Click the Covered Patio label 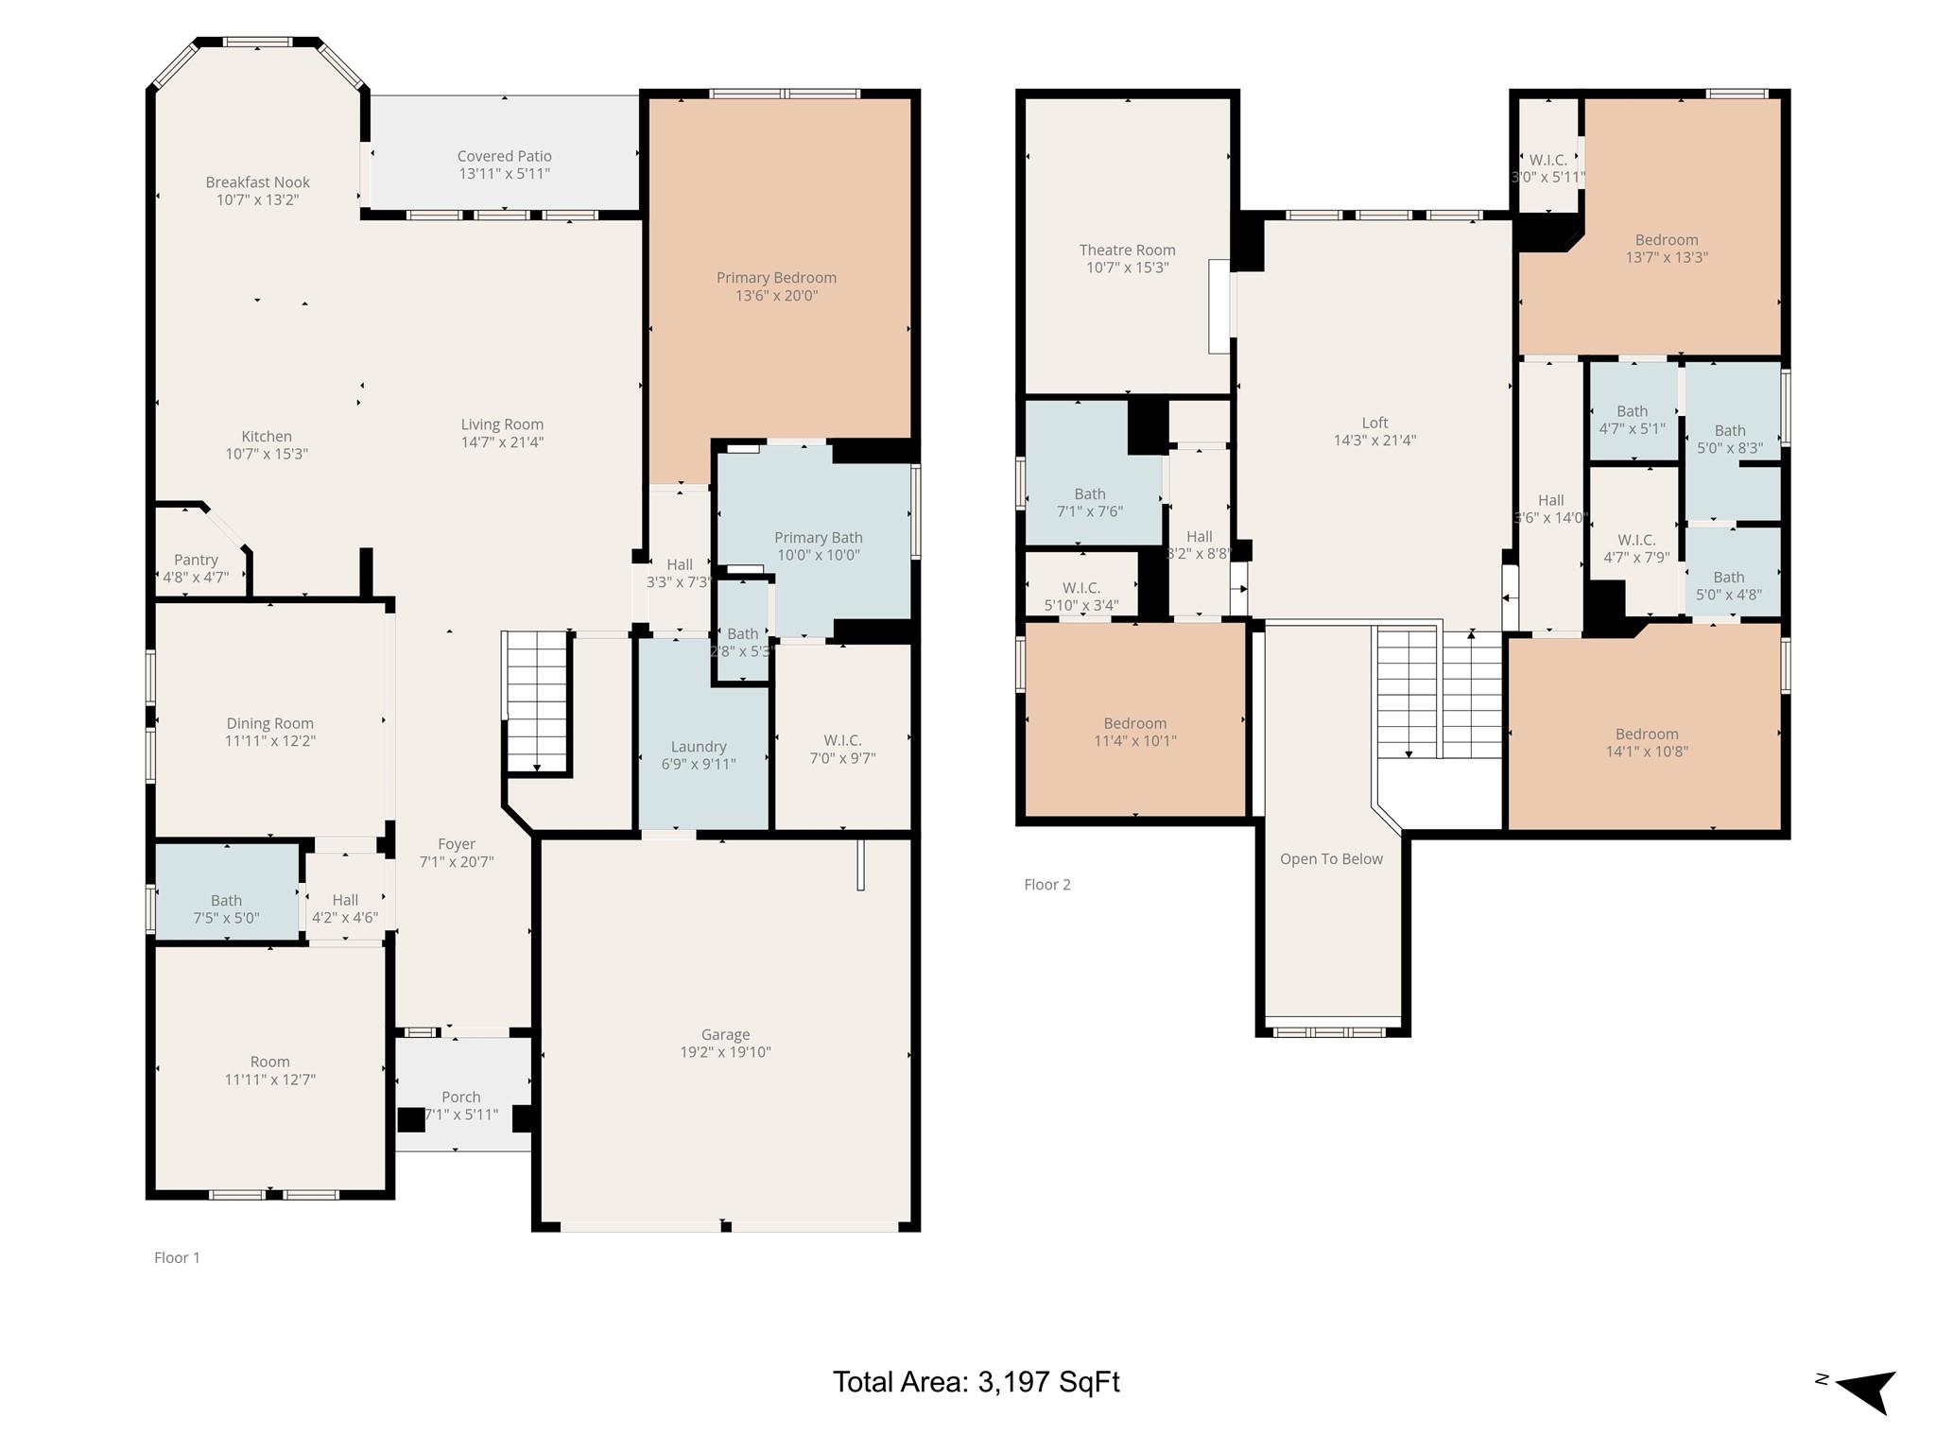(504, 156)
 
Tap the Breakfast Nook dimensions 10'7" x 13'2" (258, 199)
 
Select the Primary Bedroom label (776, 278)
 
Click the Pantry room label (196, 560)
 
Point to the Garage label (725, 1035)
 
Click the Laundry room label (699, 747)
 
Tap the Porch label (460, 1097)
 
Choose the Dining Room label (269, 724)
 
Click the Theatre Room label (1127, 251)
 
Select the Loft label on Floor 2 (1374, 423)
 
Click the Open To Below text (1331, 859)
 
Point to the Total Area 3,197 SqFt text (976, 1382)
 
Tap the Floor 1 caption (177, 1257)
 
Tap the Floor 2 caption (1047, 885)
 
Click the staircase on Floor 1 (536, 702)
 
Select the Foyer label (457, 844)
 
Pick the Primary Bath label (819, 538)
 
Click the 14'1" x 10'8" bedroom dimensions (1647, 752)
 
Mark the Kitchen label (267, 437)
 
